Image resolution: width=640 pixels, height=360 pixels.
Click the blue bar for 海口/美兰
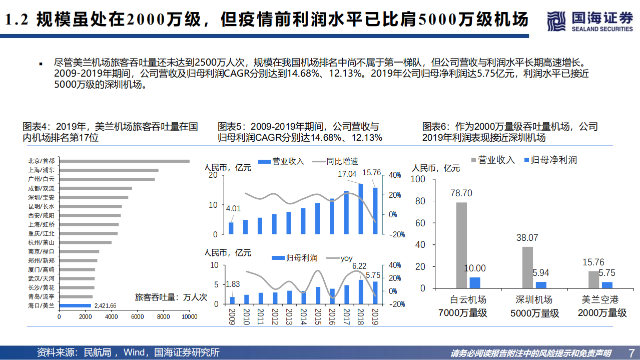point(75,305)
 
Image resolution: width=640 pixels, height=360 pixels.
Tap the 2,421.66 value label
point(105,305)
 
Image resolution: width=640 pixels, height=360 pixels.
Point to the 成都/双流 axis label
point(42,188)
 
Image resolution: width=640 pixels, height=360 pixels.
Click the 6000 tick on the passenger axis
point(137,316)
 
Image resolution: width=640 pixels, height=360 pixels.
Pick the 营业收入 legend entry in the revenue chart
point(281,161)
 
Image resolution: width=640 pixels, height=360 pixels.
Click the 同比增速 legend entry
point(336,161)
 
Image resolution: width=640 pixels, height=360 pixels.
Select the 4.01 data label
point(233,209)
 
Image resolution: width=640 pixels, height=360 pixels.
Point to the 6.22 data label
point(359,266)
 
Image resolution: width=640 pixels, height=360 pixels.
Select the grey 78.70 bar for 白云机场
point(461,245)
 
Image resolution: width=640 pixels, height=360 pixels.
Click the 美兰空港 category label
point(599,300)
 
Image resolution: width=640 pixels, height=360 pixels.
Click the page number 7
point(631,352)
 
